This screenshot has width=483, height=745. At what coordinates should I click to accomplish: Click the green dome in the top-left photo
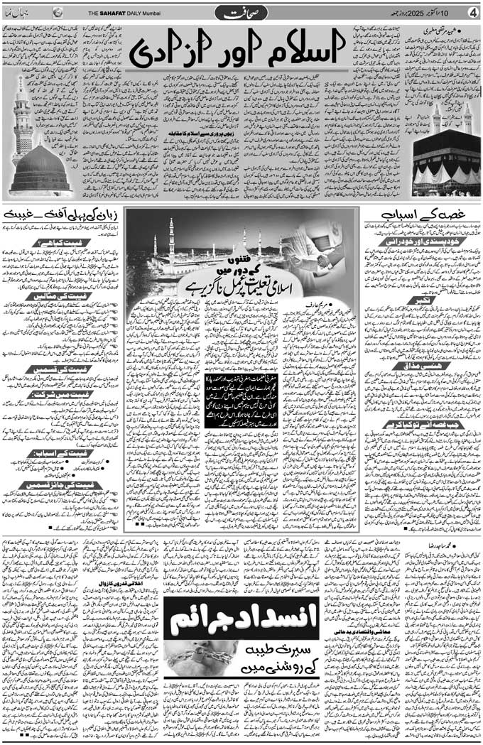point(40,169)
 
